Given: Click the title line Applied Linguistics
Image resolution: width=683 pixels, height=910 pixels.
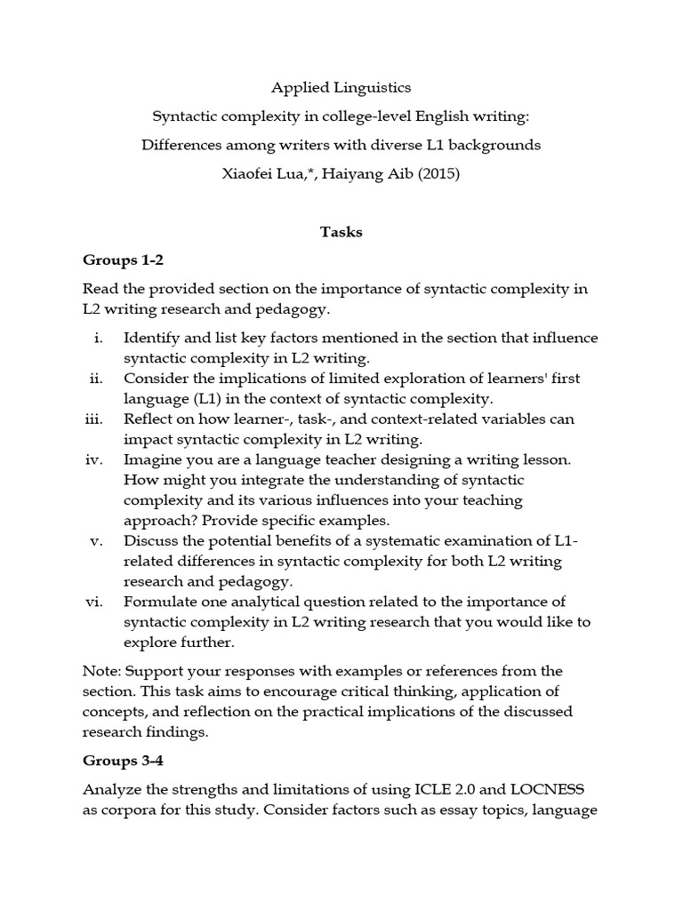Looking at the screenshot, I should [x=341, y=89].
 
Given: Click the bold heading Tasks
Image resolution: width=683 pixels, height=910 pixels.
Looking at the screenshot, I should [x=341, y=232].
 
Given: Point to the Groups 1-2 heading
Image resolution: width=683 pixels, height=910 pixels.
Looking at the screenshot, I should [x=124, y=260].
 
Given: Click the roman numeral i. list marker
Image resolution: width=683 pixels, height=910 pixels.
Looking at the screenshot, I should [x=98, y=339].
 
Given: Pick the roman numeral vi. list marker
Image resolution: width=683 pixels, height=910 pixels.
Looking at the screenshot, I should [x=94, y=602].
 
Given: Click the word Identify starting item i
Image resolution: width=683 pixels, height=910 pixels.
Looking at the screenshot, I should [x=152, y=339].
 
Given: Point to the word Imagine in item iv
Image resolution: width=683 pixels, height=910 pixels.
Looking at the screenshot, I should [x=154, y=459].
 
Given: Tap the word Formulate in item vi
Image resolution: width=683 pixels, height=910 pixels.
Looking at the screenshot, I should [x=160, y=602].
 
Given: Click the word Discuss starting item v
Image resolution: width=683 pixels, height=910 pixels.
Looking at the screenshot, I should [x=150, y=540].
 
